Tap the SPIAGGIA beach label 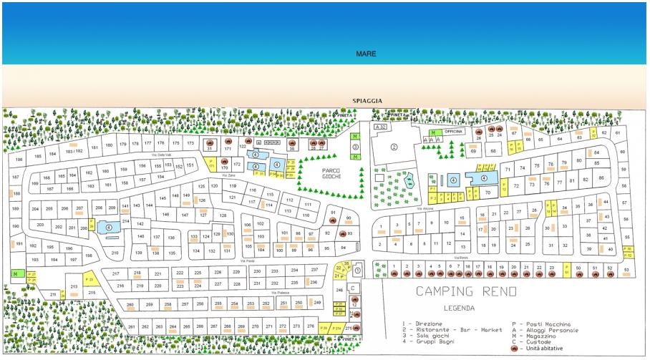click(367, 101)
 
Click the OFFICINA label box click(455, 132)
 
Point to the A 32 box click(380, 127)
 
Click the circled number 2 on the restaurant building click(393, 147)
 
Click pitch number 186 click(19, 159)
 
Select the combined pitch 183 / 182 click(74, 151)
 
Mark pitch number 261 click(131, 326)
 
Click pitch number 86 click(601, 177)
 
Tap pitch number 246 click(340, 289)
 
